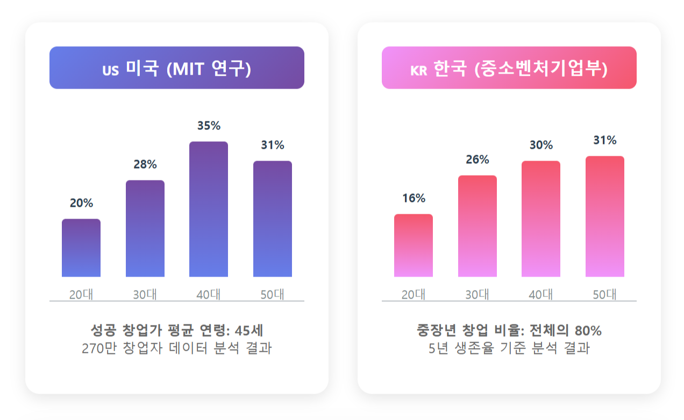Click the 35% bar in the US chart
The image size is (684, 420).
(x=209, y=209)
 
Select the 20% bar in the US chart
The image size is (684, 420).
(x=81, y=248)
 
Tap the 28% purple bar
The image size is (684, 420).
(x=145, y=229)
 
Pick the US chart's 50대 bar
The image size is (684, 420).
(x=273, y=219)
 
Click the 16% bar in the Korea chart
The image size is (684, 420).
(x=414, y=245)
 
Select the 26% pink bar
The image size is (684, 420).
(x=478, y=226)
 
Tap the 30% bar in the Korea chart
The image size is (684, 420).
(x=541, y=219)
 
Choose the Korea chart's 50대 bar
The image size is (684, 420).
(x=605, y=216)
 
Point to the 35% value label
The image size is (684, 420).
(x=209, y=126)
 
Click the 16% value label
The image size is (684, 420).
(x=414, y=198)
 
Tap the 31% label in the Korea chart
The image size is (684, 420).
(x=605, y=140)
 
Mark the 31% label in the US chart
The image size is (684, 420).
(x=273, y=145)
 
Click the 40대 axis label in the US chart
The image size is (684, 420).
(x=209, y=294)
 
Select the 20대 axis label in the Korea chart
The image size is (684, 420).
(x=414, y=294)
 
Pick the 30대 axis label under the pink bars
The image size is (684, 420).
(x=478, y=294)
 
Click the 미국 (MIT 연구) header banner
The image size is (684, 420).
(x=177, y=68)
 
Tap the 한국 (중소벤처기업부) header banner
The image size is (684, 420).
(x=509, y=68)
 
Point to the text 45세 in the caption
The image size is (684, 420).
(x=249, y=330)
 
